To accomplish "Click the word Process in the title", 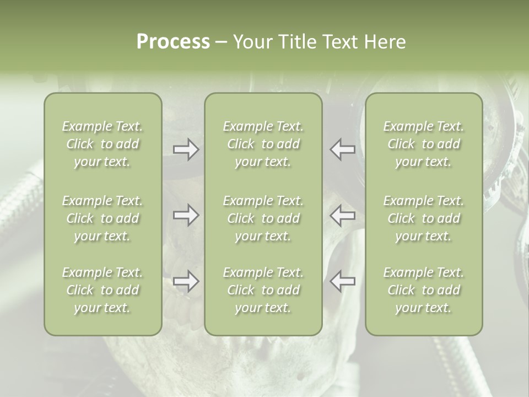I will [x=173, y=42].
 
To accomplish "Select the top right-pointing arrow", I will [x=186, y=149].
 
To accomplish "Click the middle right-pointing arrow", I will [x=186, y=216].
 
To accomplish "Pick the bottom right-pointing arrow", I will [x=186, y=282].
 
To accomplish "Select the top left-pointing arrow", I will [x=342, y=149].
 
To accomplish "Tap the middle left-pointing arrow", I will [x=342, y=216].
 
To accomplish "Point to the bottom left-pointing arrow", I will [x=342, y=282].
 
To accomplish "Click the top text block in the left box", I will [x=102, y=144].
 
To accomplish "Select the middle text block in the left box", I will [x=102, y=218].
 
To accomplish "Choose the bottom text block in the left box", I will [x=102, y=290].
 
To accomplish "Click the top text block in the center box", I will [x=263, y=144].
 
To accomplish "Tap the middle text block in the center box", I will [x=263, y=218].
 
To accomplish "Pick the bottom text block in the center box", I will [x=263, y=290].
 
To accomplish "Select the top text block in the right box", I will [x=424, y=144].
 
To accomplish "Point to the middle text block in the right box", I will [x=424, y=218].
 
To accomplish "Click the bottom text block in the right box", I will [x=424, y=290].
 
